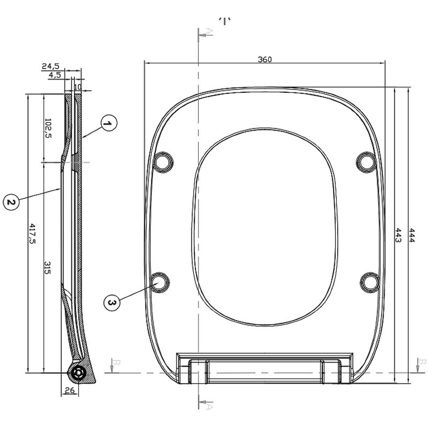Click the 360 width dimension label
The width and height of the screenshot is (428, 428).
click(265, 59)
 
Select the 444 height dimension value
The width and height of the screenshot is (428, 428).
click(411, 235)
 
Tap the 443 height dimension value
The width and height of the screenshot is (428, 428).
click(398, 235)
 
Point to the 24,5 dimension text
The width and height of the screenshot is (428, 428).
click(51, 66)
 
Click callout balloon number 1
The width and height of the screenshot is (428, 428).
click(108, 124)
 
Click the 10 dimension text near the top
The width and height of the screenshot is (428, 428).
click(77, 87)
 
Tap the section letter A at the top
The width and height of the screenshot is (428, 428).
click(209, 31)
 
